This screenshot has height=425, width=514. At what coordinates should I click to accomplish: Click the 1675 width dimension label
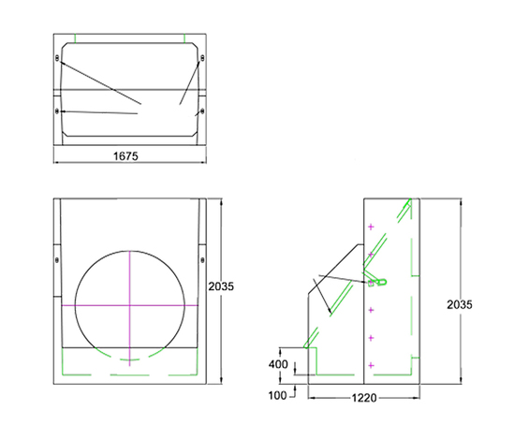click(x=127, y=156)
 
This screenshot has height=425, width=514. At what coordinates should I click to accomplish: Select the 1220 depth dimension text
click(x=363, y=398)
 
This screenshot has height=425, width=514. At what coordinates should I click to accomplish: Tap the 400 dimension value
click(x=278, y=364)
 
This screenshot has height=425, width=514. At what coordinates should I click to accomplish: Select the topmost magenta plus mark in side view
click(x=371, y=227)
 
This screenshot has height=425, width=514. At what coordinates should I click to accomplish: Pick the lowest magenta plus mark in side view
click(x=371, y=363)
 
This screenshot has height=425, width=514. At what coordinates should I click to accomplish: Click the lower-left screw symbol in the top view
click(x=59, y=112)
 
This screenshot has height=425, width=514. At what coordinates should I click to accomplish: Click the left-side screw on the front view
click(x=58, y=259)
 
